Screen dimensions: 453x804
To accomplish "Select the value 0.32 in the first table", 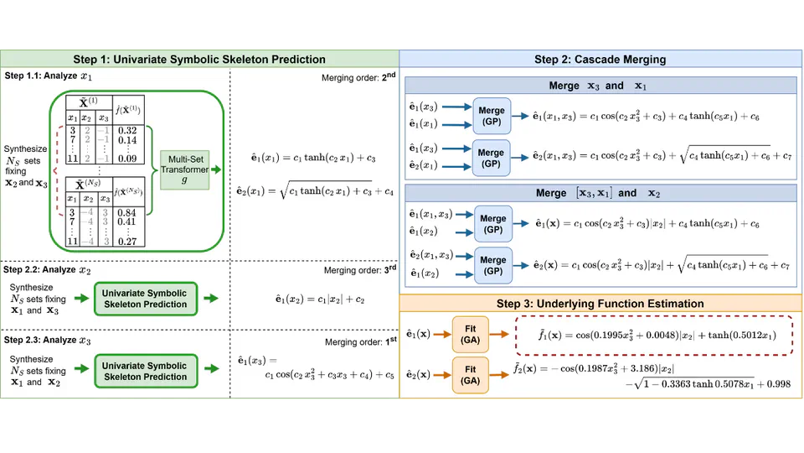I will tap(127, 130).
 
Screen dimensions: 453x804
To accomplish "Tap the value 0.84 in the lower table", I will tap(128, 212).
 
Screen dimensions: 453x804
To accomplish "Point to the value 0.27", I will tap(128, 242).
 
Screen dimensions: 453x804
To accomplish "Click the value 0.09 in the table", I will tap(128, 158).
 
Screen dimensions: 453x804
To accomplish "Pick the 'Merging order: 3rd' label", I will tap(359, 270).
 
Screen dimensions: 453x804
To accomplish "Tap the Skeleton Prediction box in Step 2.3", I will tap(145, 371).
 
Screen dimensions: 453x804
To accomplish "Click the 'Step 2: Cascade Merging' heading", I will tap(600, 60).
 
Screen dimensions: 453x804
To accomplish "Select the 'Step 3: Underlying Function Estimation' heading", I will tap(600, 303).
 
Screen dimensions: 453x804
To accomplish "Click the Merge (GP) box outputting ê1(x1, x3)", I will tap(492, 115).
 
